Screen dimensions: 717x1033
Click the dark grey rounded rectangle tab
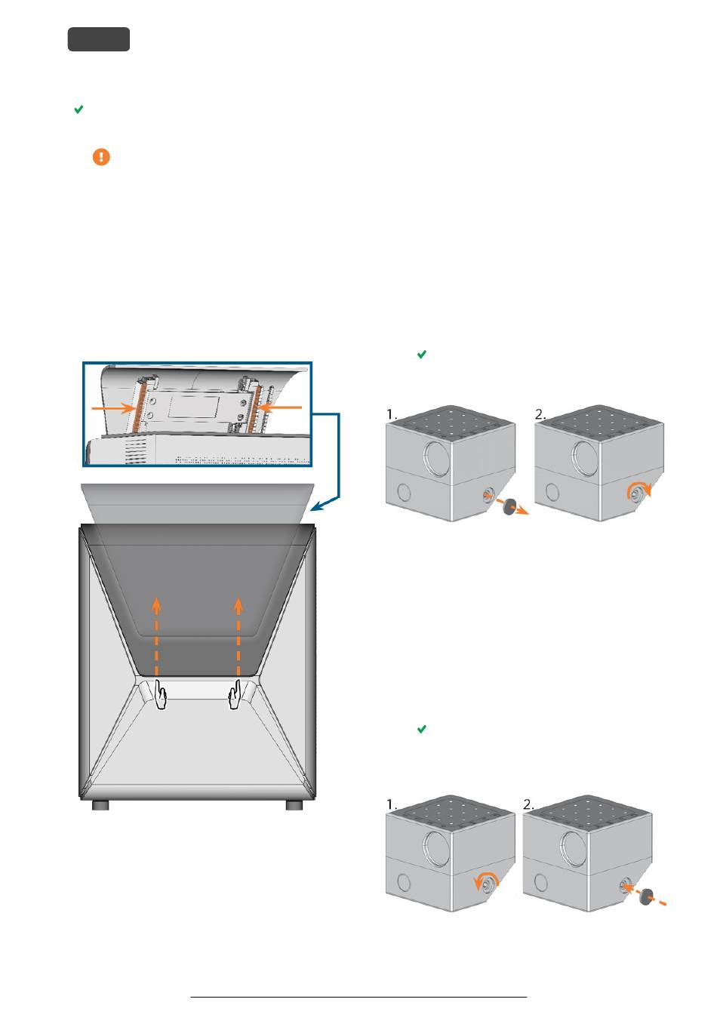(x=99, y=39)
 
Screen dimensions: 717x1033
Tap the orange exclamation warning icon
(x=101, y=157)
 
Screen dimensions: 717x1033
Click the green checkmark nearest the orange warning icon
(x=79, y=109)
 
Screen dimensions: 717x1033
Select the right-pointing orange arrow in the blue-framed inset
(x=113, y=408)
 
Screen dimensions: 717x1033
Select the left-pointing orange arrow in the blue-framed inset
(x=281, y=407)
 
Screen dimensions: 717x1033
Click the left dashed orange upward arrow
(x=156, y=637)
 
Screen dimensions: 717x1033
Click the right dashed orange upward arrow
(x=238, y=637)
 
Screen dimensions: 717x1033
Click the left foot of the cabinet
(x=100, y=805)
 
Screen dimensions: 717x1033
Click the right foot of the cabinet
(x=294, y=805)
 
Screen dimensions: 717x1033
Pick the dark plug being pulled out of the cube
(x=509, y=506)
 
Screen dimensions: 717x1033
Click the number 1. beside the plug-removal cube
(x=391, y=414)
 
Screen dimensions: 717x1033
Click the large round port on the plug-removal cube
(x=435, y=458)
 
